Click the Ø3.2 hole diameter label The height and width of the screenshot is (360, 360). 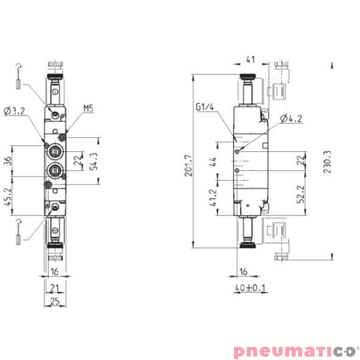15,111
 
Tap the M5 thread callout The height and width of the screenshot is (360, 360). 89,108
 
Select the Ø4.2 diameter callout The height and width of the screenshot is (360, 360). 291,119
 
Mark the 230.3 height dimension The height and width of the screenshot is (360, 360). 327,164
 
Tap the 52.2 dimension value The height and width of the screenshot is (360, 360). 302,193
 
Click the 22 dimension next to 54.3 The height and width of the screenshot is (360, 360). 78,160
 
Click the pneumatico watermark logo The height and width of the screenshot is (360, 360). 294,349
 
